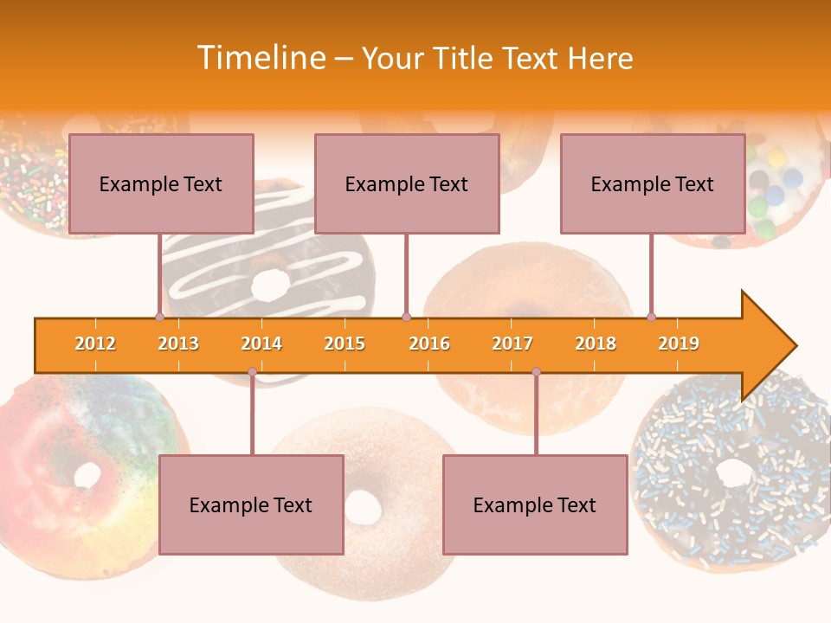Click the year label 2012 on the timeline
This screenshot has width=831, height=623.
95,344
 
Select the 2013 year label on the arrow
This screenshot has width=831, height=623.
178,344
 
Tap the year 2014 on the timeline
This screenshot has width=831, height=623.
261,344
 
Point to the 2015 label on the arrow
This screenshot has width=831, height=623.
345,344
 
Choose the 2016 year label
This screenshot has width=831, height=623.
429,344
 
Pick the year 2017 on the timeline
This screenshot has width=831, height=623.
512,344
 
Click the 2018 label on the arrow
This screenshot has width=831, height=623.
596,344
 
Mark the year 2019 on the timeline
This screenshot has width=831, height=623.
679,344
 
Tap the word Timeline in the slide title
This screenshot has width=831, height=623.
260,58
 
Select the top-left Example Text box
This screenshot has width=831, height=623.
161,183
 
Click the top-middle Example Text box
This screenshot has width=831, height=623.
407,183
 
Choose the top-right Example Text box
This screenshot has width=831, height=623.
653,183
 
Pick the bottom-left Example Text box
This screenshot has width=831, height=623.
251,504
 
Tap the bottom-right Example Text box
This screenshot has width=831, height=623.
535,504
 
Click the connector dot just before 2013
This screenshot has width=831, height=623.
159,317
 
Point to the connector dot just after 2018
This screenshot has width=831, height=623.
651,317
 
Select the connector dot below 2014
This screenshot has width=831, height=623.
252,371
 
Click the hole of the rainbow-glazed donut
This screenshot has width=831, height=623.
87,474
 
